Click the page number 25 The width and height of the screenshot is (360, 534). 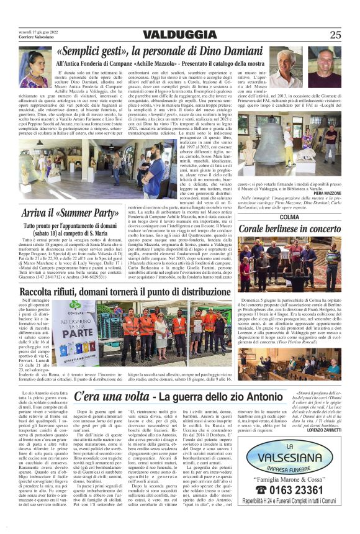pyautogui.click(x=335, y=35)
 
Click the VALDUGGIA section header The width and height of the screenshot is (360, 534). pyautogui.click(x=179, y=35)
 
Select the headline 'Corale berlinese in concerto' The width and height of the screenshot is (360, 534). pyautogui.click(x=290, y=229)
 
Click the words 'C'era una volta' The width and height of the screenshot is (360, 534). pyautogui.click(x=110, y=396)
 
